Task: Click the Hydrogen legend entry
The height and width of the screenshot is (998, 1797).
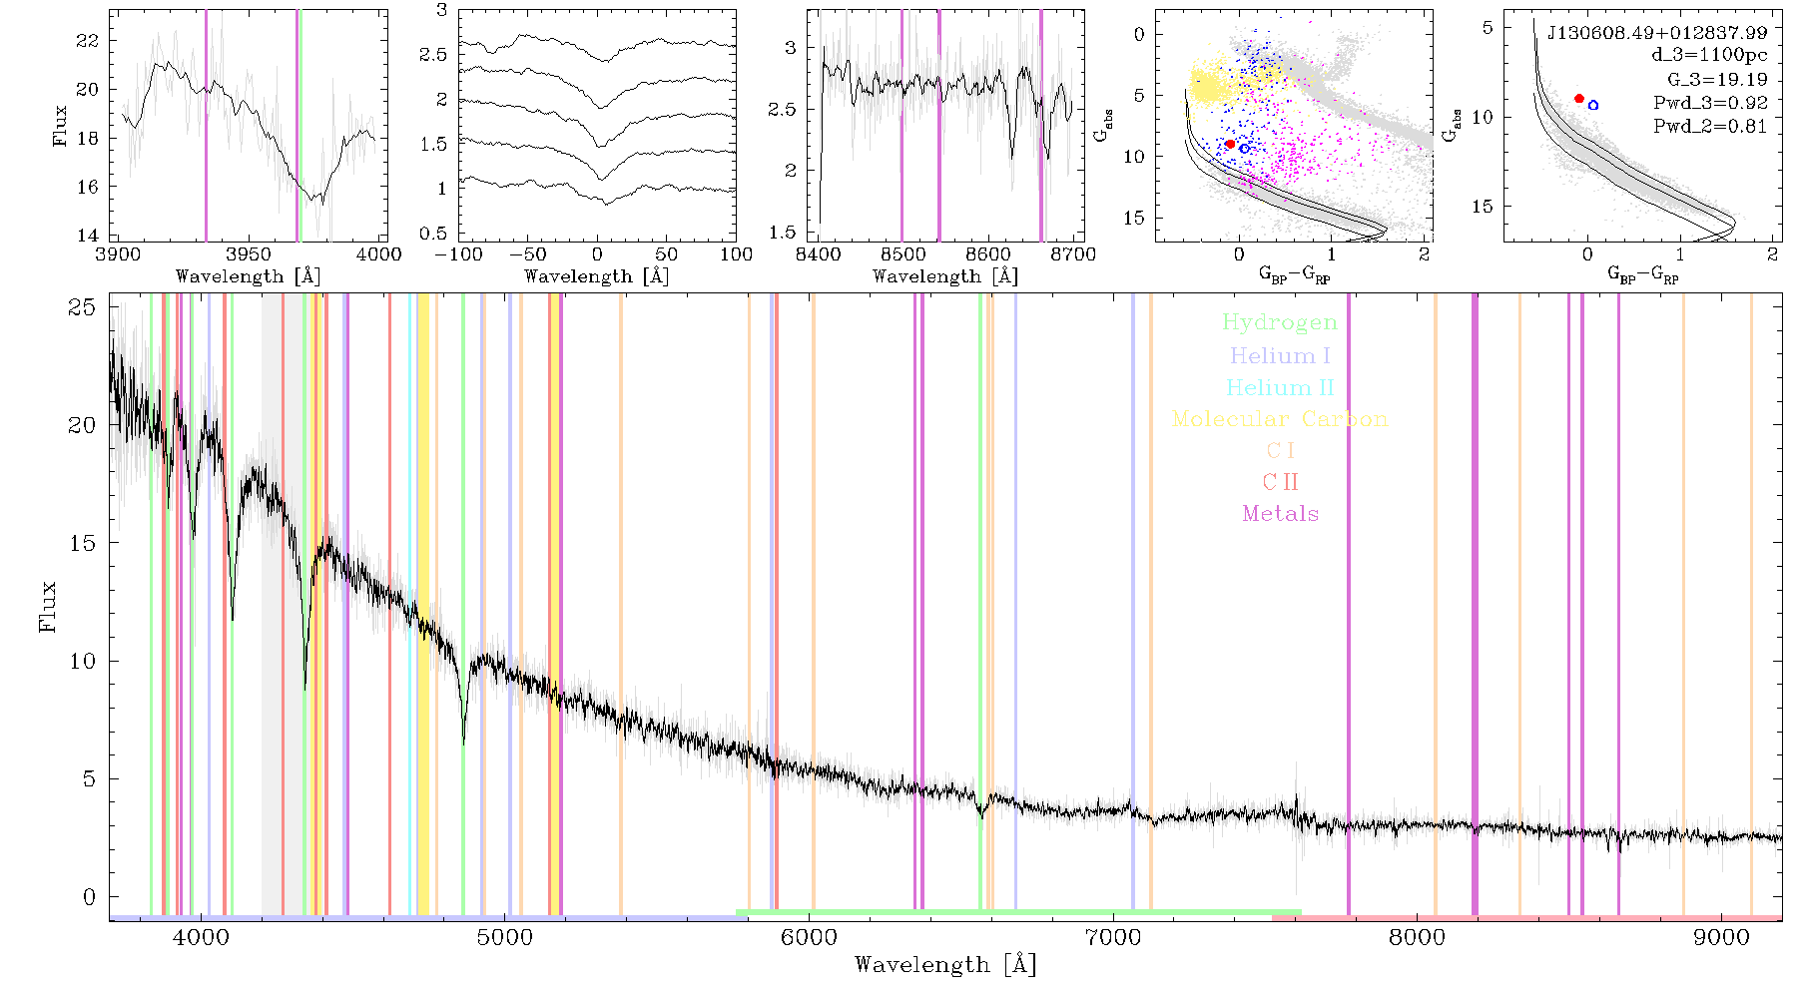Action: tap(1280, 322)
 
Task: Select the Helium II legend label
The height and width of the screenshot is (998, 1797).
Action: tap(1280, 387)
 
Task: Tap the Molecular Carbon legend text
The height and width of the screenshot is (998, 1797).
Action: tap(1280, 419)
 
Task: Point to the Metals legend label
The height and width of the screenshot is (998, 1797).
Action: tap(1281, 514)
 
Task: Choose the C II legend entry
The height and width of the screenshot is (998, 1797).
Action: tap(1281, 482)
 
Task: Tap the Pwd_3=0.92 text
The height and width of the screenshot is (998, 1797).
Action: tap(1710, 103)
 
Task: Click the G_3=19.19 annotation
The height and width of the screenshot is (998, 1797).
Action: tap(1717, 80)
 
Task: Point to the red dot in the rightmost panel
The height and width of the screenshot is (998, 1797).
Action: tap(1579, 99)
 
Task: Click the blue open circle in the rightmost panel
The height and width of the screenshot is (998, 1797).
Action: tap(1593, 105)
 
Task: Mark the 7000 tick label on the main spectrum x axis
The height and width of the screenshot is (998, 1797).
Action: tap(1113, 937)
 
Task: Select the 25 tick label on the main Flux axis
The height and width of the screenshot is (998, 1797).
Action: tap(83, 307)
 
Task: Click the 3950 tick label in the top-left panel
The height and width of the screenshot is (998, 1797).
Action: tap(249, 253)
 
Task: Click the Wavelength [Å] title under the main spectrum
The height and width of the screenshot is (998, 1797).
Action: tap(945, 965)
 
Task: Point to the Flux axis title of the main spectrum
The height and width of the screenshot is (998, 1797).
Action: tap(47, 606)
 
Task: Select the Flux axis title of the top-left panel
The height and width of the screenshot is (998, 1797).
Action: tap(61, 126)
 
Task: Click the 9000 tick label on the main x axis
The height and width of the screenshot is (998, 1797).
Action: tap(1721, 937)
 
